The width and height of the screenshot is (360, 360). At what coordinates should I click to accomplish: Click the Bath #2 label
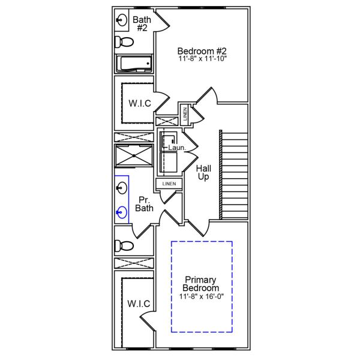[x=142, y=23]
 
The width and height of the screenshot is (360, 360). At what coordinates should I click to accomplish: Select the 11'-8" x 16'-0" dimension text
[x=202, y=296]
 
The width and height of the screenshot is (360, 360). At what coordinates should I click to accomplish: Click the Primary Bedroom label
[x=202, y=284]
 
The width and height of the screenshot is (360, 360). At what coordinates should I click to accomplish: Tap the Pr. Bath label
[x=145, y=204]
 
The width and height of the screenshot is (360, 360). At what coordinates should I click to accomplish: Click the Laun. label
[x=176, y=147]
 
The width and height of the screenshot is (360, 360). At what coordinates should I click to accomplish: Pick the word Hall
[x=203, y=169]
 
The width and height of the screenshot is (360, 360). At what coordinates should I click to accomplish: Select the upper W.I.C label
[x=139, y=103]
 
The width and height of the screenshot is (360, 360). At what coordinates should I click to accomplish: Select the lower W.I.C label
[x=139, y=304]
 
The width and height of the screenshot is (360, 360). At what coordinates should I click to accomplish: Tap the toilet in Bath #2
[x=124, y=42]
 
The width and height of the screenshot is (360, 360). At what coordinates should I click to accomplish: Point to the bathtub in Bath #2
[x=134, y=64]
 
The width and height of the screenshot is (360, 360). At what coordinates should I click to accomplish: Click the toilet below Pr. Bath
[x=124, y=245]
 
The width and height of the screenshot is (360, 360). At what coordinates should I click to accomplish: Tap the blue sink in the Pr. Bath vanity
[x=122, y=212]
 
